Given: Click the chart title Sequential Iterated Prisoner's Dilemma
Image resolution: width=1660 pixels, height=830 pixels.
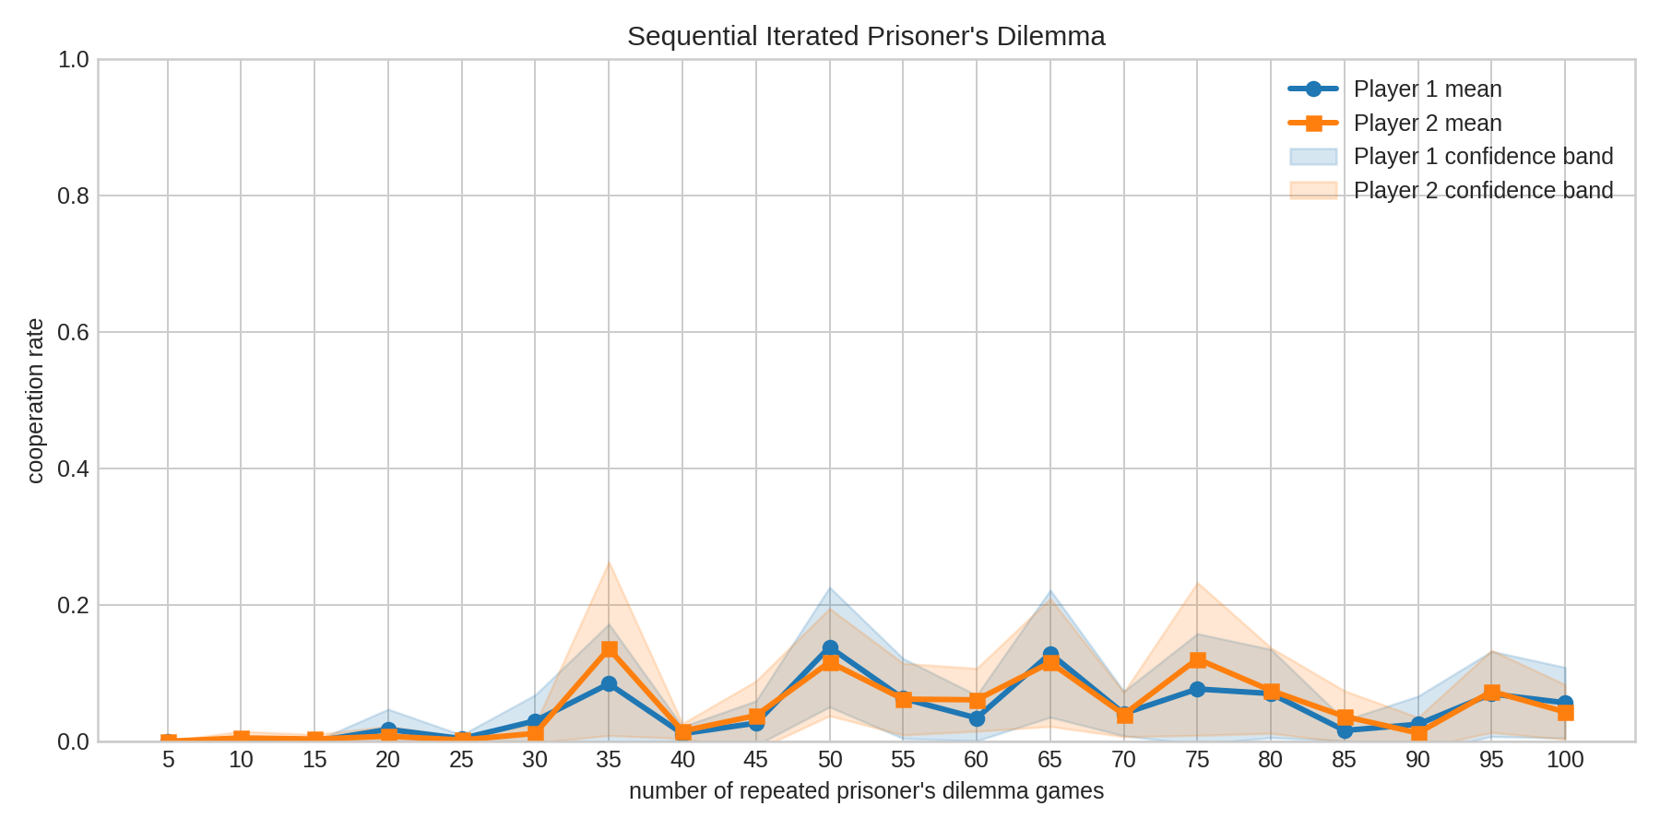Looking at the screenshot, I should (x=866, y=37).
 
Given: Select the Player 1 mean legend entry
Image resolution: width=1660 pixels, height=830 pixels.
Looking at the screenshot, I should (x=1427, y=89).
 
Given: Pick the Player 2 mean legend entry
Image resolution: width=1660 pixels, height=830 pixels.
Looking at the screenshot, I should (x=1427, y=124).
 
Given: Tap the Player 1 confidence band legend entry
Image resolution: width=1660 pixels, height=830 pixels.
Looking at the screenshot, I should (x=1482, y=157).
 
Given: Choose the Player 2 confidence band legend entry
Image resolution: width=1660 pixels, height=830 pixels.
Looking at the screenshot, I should (x=1482, y=191).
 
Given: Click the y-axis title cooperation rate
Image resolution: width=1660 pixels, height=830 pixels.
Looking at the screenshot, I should (x=35, y=400).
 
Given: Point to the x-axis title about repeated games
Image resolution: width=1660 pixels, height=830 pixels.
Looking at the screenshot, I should (x=866, y=791).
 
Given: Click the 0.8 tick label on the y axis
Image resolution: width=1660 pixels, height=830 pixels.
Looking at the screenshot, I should (x=73, y=196).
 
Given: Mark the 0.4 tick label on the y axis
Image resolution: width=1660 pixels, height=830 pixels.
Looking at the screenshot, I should (x=73, y=468).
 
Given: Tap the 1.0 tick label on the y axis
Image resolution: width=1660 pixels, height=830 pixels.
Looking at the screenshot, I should (x=73, y=60).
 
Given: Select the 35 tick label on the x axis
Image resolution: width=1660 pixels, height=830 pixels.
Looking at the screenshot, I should (x=609, y=760).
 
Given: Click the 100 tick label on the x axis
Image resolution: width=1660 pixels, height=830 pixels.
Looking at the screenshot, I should (x=1565, y=760).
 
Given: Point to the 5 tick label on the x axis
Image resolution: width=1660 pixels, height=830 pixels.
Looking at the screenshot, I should (x=168, y=760).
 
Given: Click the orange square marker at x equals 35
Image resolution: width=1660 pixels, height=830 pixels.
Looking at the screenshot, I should (x=609, y=649).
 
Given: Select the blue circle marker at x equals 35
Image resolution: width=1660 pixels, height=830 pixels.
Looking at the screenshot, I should (x=609, y=684).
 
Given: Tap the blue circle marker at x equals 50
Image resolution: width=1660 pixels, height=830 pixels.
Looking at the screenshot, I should (x=830, y=647).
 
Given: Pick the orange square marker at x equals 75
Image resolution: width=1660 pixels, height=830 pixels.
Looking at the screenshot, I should (x=1197, y=659).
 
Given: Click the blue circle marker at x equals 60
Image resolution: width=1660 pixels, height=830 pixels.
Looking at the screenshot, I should (x=977, y=718).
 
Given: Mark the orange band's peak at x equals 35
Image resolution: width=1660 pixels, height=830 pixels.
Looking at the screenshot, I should (x=609, y=562).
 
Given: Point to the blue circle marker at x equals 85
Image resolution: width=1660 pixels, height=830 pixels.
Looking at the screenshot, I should (x=1345, y=730).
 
